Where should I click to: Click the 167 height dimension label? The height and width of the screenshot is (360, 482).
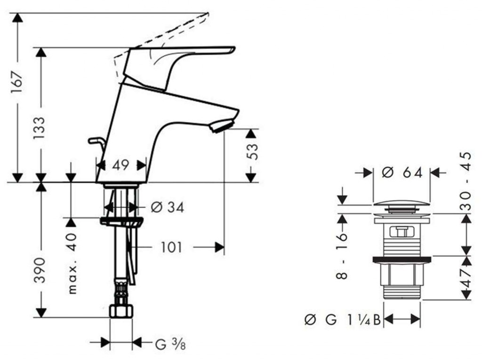coord(17,82)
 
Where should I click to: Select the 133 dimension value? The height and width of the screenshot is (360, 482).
coord(40,128)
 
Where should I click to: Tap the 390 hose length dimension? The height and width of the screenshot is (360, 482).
coord(40,270)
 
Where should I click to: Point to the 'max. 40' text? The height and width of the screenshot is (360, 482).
coord(72,264)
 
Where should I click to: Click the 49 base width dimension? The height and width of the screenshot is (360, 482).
coord(120,165)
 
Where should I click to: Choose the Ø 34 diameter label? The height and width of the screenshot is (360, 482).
coord(168,207)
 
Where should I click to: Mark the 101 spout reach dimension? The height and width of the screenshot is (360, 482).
coord(171,247)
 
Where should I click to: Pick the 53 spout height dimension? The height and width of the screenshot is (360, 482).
coord(252,152)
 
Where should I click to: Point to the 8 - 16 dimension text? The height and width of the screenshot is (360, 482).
coord(342,256)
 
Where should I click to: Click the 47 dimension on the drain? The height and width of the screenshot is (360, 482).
coord(466,278)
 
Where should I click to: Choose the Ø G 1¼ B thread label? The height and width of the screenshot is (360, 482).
coord(343,320)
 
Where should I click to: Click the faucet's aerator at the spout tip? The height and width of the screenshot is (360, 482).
coord(222,126)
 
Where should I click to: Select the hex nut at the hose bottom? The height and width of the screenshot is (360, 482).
coord(121,311)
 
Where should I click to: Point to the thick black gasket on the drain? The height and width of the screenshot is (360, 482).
coord(402,260)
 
